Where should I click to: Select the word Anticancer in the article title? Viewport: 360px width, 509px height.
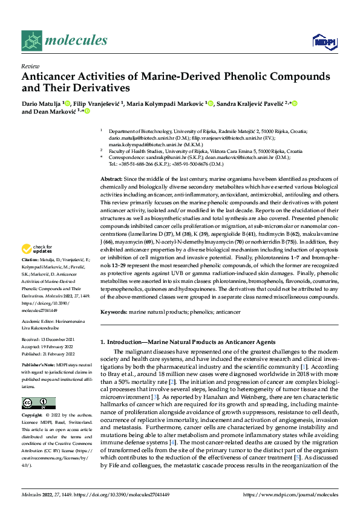(50, 77)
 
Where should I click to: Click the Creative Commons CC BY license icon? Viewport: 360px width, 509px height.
(39, 403)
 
